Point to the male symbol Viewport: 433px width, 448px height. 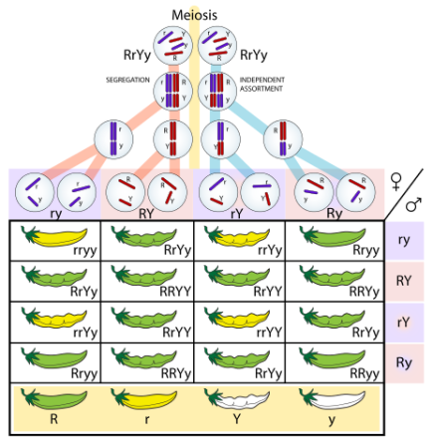418,205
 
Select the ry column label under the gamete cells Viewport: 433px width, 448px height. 55,212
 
